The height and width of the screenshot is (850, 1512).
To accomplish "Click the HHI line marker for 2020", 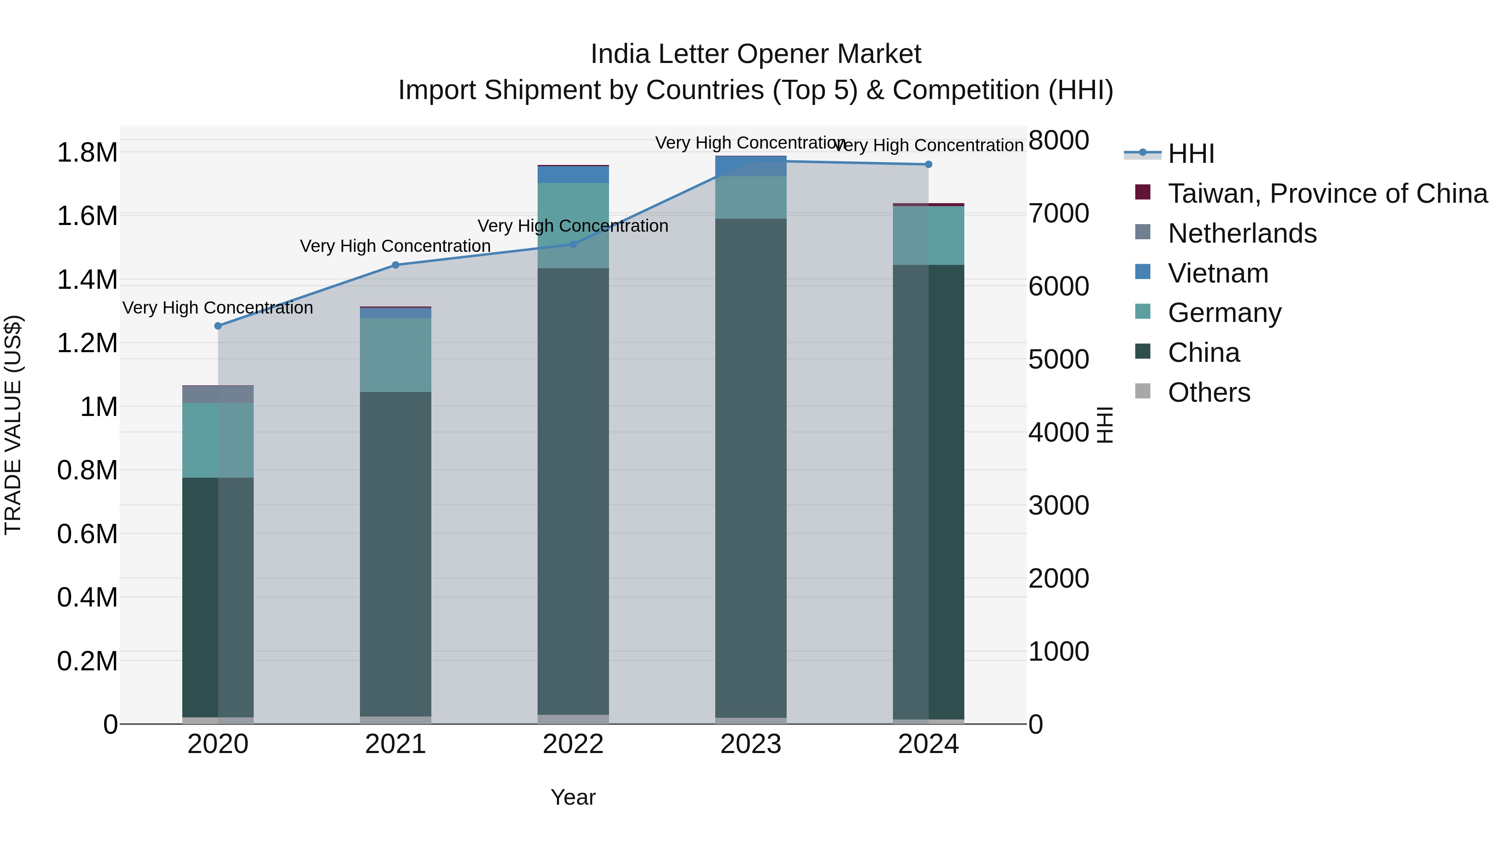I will pos(218,326).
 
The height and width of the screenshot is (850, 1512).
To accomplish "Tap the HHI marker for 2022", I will pos(573,244).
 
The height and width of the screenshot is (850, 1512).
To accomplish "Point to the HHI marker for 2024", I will pos(928,164).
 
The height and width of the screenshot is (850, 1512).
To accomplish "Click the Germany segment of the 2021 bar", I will pos(396,355).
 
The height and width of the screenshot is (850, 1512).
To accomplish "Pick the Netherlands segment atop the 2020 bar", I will pos(218,394).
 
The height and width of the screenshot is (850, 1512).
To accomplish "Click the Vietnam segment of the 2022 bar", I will pos(573,175).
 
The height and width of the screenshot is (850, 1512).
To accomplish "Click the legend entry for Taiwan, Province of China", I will pos(1326,194).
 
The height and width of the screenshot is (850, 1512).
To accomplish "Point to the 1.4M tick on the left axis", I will pos(87,280).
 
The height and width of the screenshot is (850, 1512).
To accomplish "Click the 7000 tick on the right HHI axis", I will pos(1058,214).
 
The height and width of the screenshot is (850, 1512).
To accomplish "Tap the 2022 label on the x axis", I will pos(573,744).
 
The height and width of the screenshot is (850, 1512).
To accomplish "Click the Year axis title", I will pos(573,797).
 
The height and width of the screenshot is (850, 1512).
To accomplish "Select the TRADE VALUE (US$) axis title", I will pos(13,425).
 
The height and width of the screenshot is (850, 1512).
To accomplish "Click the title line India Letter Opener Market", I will pos(756,54).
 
